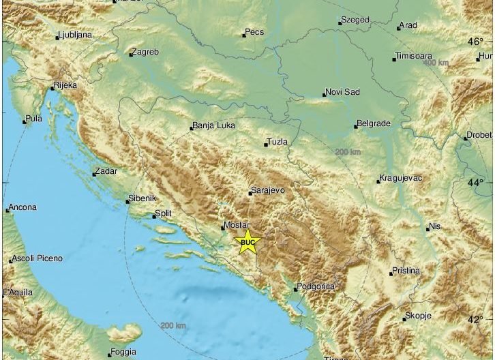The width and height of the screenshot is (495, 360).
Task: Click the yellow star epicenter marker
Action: (x=247, y=241)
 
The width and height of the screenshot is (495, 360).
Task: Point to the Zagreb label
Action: (x=145, y=52)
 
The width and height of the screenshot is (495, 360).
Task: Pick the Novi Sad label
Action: (x=343, y=92)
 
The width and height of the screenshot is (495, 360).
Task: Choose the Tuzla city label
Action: (x=278, y=142)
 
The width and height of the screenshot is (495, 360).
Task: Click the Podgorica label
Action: (x=316, y=286)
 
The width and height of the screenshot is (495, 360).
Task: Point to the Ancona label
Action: (x=24, y=207)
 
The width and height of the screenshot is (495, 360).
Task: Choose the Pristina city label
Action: (x=406, y=271)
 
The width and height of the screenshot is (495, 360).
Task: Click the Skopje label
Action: (x=419, y=316)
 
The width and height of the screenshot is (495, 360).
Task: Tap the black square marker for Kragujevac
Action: (x=378, y=181)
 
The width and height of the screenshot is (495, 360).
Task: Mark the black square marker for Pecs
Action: (x=243, y=34)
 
